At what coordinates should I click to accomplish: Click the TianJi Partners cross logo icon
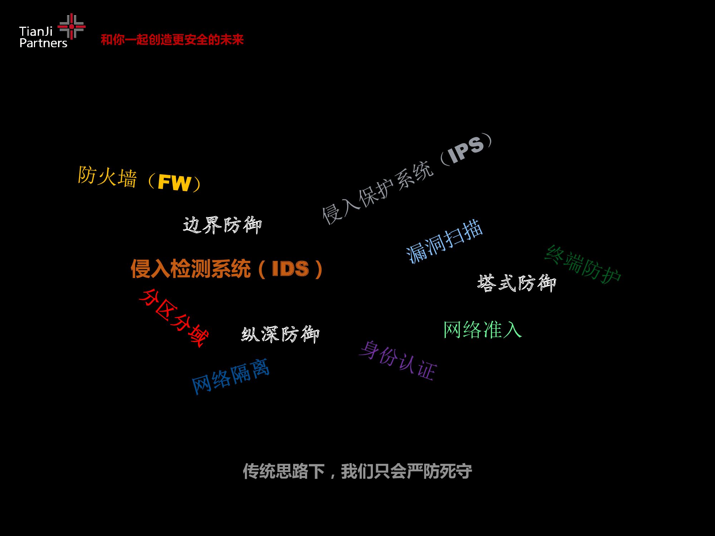(x=71, y=26)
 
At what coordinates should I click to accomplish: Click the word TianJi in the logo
(x=36, y=31)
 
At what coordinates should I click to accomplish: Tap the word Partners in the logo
(x=43, y=43)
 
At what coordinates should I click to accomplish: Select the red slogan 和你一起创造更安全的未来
(x=172, y=40)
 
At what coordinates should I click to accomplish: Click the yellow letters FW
(x=174, y=183)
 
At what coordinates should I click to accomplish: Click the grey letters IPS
(x=466, y=149)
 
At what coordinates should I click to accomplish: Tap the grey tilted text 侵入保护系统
(x=378, y=193)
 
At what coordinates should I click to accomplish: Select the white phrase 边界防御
(x=222, y=225)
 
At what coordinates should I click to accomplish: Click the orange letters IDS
(x=290, y=269)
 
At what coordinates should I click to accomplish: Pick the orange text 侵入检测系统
(x=191, y=269)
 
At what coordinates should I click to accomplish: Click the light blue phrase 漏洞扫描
(x=444, y=241)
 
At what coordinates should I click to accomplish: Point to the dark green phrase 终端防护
(x=583, y=265)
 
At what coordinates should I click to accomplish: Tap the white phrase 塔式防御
(x=517, y=283)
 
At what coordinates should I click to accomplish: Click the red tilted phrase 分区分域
(x=174, y=318)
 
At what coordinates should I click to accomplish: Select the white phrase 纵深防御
(x=280, y=334)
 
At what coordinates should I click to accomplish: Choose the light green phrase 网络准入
(x=482, y=329)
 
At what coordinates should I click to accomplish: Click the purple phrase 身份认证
(x=398, y=360)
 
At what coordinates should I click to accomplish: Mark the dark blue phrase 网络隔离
(x=231, y=376)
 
